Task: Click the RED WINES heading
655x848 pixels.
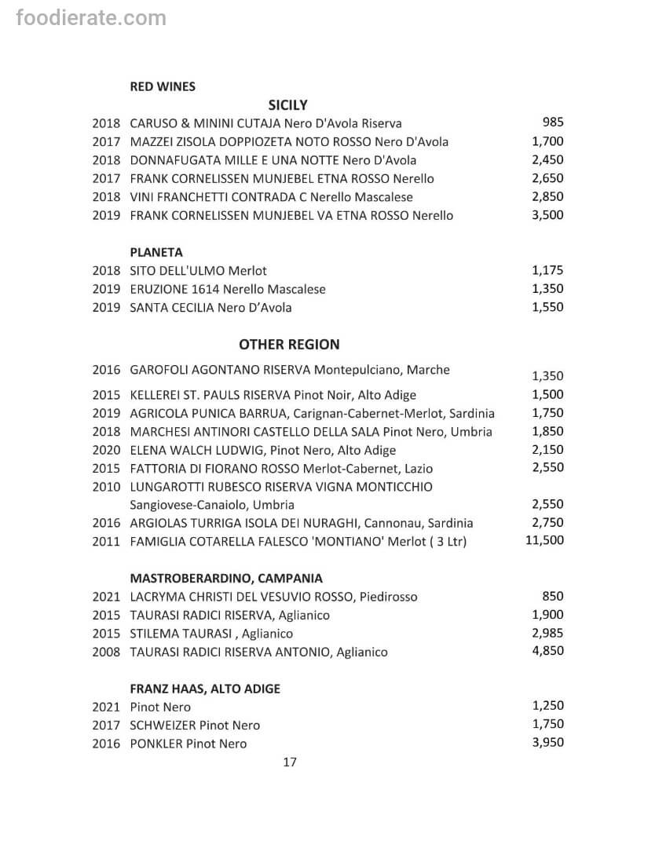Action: [163, 86]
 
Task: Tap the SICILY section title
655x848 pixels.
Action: [287, 104]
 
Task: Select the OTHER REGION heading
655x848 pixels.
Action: [289, 344]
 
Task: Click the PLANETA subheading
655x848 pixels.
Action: [156, 252]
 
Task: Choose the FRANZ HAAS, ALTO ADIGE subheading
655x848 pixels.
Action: [205, 689]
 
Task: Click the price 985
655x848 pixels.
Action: [553, 122]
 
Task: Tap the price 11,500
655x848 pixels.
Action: [544, 540]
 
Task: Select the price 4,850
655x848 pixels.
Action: [547, 651]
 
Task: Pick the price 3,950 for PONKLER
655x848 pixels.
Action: [547, 743]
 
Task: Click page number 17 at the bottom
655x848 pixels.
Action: [289, 762]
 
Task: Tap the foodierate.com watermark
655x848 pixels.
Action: [91, 17]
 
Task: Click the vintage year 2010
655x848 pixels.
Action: [106, 487]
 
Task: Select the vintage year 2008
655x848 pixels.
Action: [106, 652]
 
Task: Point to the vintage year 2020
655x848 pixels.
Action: [106, 450]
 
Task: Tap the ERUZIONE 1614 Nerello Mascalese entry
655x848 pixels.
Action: [227, 289]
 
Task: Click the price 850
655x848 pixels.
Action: [553, 596]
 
